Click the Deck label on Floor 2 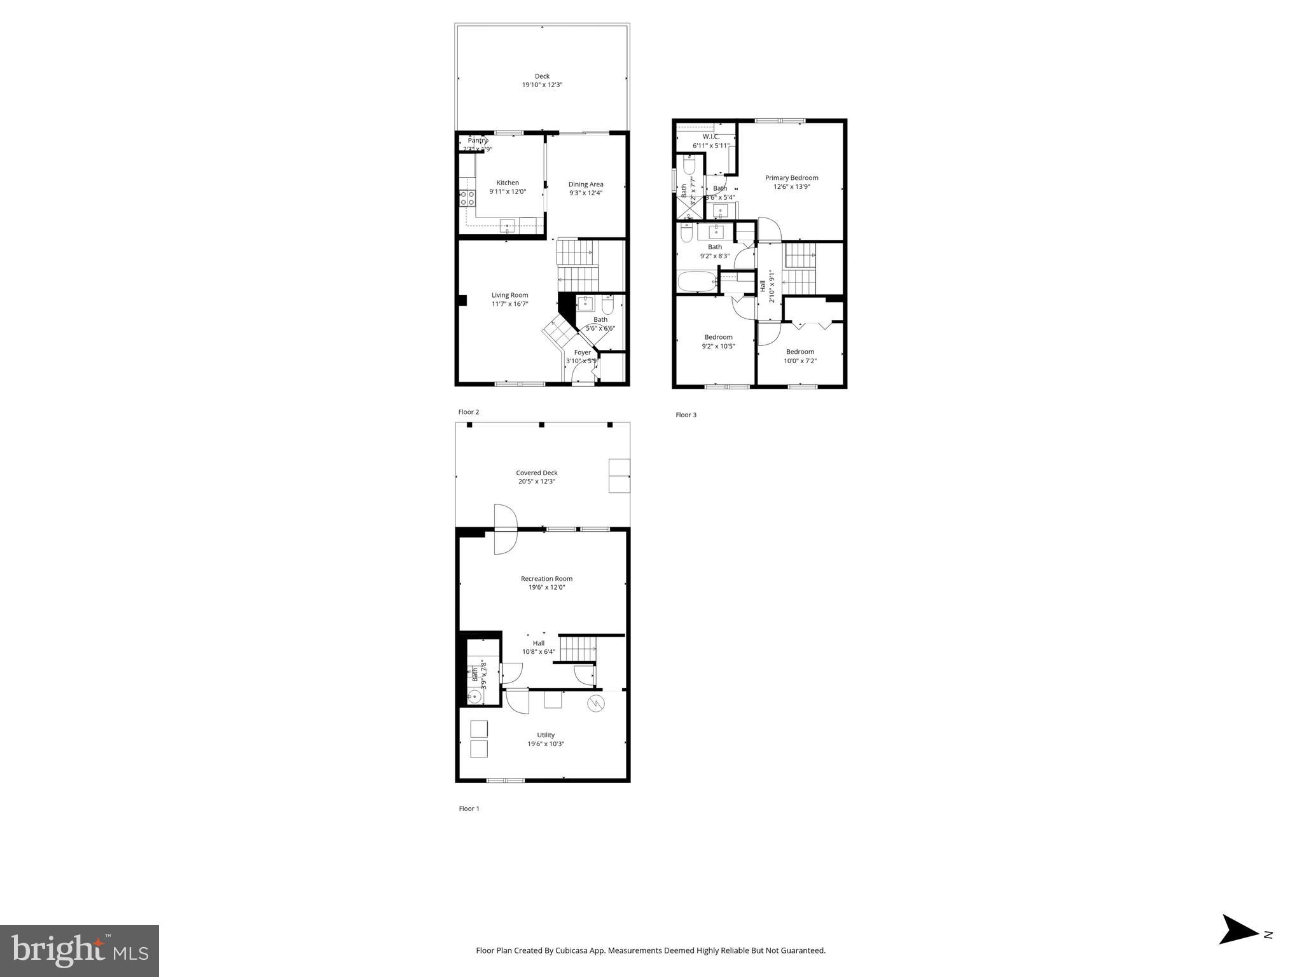click(542, 76)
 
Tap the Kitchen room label click(508, 183)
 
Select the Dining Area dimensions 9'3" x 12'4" click(586, 193)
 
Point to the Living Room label click(509, 295)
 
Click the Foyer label click(582, 352)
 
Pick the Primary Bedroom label click(791, 178)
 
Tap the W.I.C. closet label click(710, 137)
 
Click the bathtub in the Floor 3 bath click(697, 281)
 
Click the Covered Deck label click(537, 473)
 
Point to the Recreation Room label click(546, 579)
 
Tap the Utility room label click(545, 735)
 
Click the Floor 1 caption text click(469, 809)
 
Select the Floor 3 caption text click(686, 415)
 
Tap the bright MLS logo click(80, 950)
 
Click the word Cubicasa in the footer click(571, 951)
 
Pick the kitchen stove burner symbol click(467, 198)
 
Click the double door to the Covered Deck click(506, 529)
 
